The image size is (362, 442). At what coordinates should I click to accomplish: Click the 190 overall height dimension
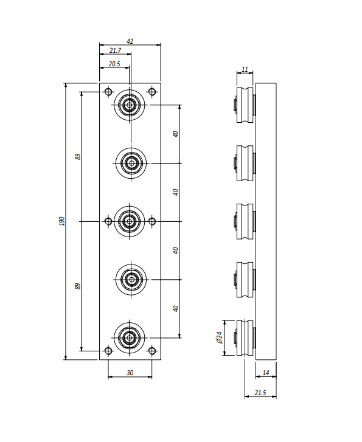click(62, 221)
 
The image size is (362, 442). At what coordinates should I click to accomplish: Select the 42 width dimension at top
click(130, 41)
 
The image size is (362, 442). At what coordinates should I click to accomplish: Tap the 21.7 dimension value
click(115, 50)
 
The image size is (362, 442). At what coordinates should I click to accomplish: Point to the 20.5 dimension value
click(114, 64)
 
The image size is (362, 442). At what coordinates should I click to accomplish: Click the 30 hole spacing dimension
click(130, 373)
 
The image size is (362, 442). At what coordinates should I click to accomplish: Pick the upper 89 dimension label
click(78, 157)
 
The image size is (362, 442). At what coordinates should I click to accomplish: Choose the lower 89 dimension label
click(78, 286)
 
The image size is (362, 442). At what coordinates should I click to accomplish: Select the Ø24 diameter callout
click(220, 337)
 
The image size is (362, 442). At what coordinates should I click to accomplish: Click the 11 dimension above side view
click(245, 69)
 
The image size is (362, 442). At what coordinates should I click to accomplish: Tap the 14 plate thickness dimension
click(266, 373)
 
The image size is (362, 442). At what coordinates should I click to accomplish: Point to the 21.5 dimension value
click(260, 393)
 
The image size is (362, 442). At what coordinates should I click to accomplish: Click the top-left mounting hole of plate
click(108, 92)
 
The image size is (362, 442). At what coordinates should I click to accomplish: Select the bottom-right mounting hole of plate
click(152, 351)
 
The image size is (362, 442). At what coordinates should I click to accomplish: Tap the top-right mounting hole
click(152, 92)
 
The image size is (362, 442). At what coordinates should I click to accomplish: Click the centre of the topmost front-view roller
click(130, 105)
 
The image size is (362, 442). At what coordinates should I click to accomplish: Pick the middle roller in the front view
click(130, 221)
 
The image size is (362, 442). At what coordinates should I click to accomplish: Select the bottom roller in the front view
click(130, 337)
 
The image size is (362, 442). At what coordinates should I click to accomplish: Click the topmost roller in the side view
click(245, 105)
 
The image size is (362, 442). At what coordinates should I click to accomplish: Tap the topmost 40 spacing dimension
click(175, 134)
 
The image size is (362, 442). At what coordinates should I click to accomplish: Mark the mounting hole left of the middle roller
click(108, 221)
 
